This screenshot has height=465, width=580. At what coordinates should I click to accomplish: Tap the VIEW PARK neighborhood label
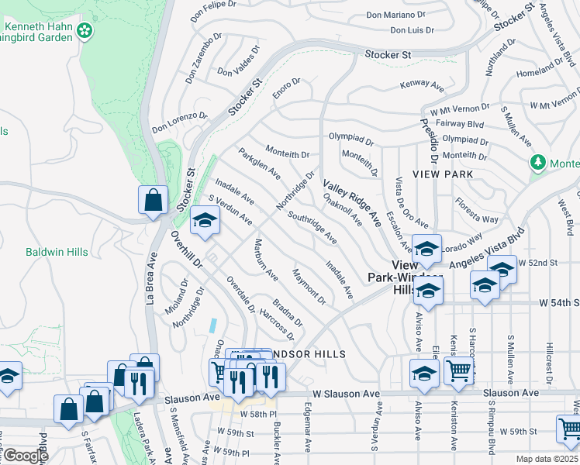pos(442,174)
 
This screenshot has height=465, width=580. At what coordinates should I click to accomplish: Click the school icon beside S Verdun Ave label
pos(205,222)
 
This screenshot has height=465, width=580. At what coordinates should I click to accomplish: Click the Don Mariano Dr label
pos(395,15)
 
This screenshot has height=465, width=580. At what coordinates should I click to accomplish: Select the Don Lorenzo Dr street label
pos(179,121)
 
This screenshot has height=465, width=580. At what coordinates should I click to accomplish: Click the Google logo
pos(25,455)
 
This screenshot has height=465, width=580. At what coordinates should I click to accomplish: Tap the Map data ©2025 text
pos(547,459)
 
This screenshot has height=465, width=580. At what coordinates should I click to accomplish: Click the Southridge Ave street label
pos(312,226)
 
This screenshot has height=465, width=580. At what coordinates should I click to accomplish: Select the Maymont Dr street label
pos(308,285)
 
